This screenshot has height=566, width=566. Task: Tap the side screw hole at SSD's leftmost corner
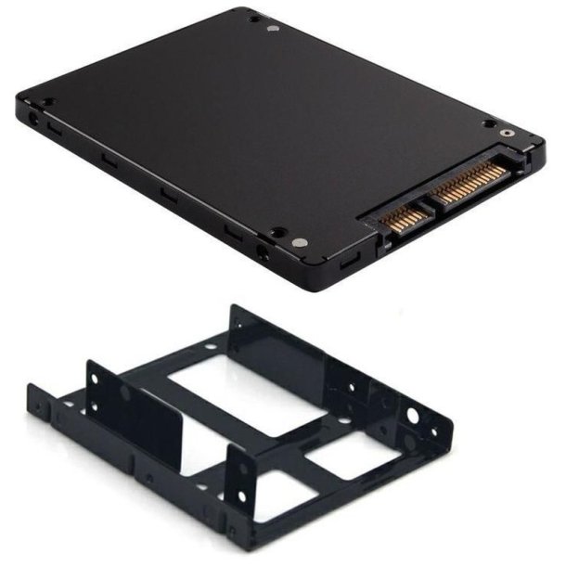click(34, 120)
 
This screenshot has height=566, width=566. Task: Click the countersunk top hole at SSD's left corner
click(49, 102)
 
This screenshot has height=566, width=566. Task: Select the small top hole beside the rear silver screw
click(253, 18)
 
